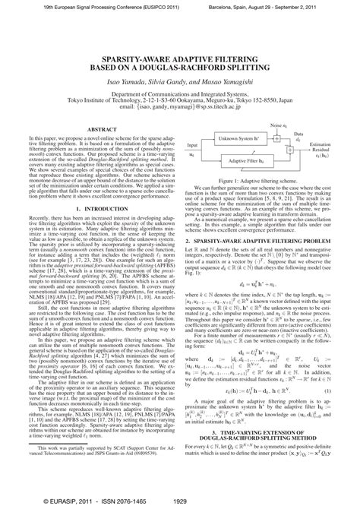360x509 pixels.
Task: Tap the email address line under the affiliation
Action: click(181, 107)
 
